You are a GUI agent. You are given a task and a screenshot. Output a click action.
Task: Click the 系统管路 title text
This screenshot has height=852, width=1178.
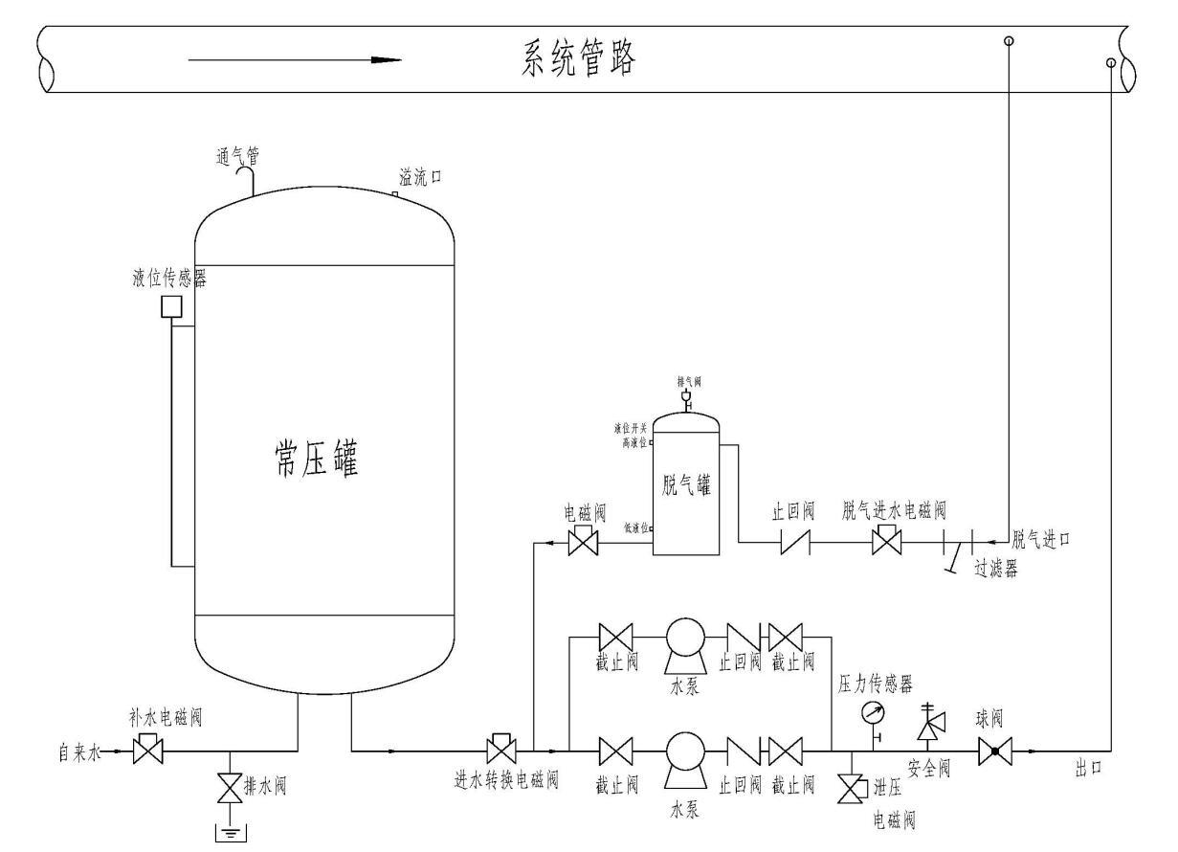(579, 59)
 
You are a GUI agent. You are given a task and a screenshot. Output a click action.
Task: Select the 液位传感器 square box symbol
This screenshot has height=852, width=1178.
(172, 306)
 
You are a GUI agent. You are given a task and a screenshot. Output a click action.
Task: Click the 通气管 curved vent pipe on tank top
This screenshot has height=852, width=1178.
(251, 179)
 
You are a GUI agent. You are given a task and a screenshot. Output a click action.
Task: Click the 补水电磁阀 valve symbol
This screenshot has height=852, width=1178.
(147, 750)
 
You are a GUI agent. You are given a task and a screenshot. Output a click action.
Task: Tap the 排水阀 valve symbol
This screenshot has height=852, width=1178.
(228, 791)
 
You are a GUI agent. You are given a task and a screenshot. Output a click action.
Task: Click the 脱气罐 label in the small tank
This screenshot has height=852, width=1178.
(685, 483)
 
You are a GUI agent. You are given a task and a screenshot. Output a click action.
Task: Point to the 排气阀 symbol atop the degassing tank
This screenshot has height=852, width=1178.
(685, 396)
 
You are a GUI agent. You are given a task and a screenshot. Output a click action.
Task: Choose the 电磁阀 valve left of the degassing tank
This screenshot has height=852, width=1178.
(582, 543)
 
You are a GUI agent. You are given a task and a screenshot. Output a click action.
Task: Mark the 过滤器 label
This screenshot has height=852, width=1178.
(995, 568)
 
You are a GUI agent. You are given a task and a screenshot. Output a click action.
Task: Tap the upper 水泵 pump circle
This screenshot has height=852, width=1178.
(685, 636)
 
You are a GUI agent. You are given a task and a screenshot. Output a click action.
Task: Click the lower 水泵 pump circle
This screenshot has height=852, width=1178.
(685, 751)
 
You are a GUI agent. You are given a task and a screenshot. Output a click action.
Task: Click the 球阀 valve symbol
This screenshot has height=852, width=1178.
(994, 751)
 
